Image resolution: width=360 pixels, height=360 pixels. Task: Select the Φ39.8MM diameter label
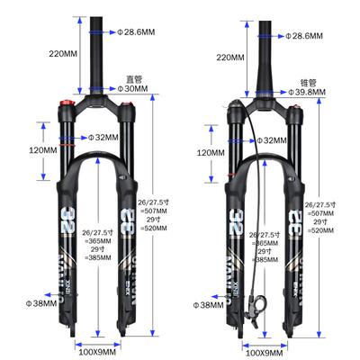[318, 93]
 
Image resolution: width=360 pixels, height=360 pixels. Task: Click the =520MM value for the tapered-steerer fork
[321, 232]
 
